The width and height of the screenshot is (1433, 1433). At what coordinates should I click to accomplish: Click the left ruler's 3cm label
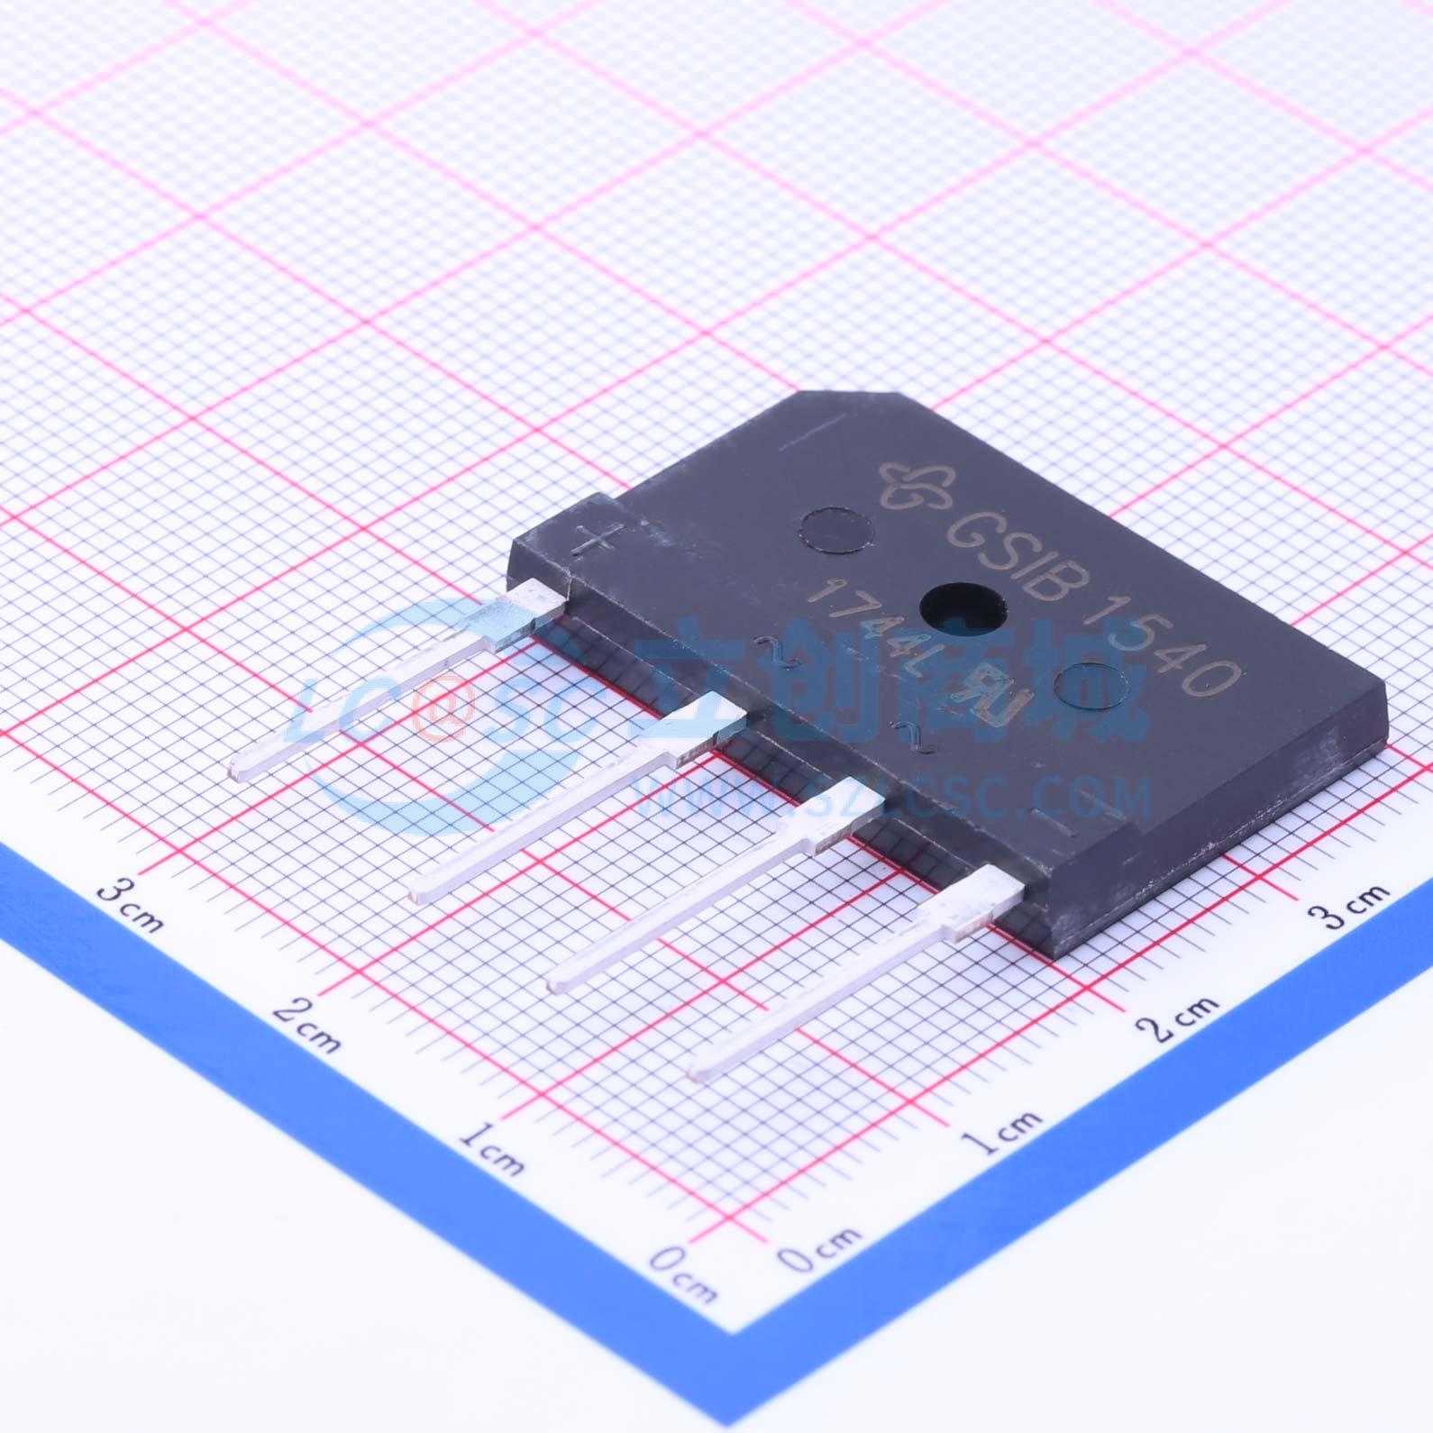[131, 905]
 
